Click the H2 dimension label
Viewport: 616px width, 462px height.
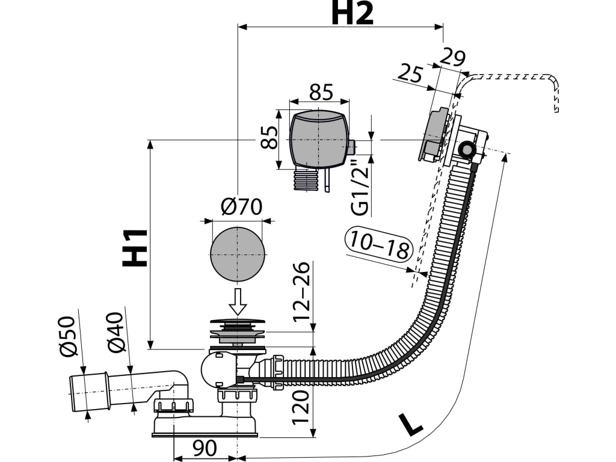[352, 13]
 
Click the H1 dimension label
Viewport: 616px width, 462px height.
[135, 248]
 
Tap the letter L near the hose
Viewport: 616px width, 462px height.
[410, 423]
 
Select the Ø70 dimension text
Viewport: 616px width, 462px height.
[241, 206]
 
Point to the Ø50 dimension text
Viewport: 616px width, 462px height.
[67, 337]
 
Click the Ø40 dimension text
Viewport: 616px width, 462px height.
[116, 332]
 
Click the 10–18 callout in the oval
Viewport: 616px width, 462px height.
[379, 245]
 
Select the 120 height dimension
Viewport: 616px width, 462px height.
[301, 407]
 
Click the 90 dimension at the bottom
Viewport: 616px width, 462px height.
[205, 448]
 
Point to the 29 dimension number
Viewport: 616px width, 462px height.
[453, 57]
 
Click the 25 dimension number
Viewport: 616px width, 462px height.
[410, 73]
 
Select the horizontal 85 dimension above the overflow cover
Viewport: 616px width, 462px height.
[321, 92]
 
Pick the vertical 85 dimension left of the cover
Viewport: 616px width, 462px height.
[270, 137]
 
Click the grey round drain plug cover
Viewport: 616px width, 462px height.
[237, 254]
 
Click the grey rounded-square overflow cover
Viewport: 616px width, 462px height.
[319, 139]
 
